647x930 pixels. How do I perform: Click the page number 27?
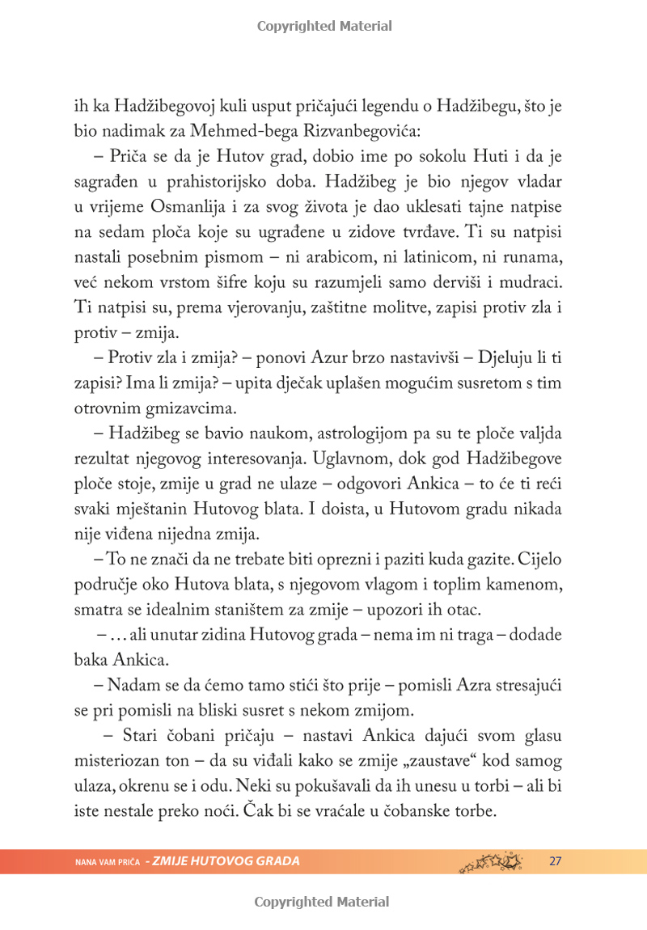pyautogui.click(x=555, y=861)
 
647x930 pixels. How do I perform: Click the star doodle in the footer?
pyautogui.click(x=492, y=860)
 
